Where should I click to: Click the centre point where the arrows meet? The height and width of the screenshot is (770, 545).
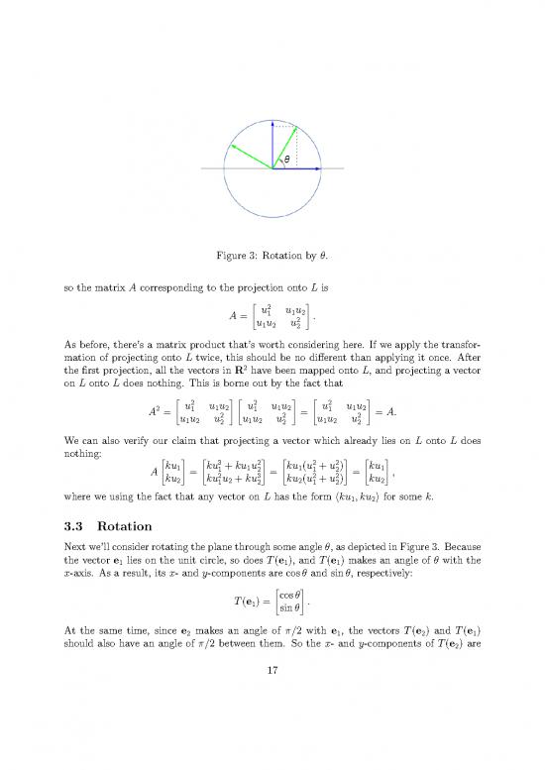pos(272,169)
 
